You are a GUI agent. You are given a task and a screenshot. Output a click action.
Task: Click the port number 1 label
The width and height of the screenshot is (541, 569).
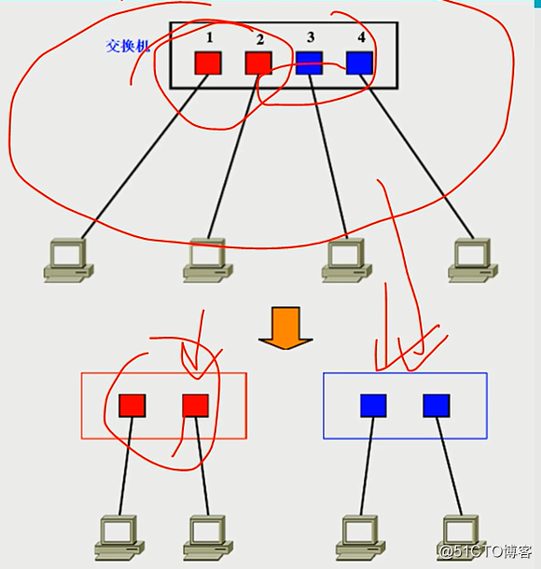210,37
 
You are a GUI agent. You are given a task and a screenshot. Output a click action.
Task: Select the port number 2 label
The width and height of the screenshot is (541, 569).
259,39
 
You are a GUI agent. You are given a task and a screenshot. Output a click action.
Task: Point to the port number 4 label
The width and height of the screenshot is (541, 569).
361,37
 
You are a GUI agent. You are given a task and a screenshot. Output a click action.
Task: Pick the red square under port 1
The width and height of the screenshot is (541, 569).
207,62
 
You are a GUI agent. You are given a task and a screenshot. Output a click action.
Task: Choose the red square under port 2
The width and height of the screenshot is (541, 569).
258,62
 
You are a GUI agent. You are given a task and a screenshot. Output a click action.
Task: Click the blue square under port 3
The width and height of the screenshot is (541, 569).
309,62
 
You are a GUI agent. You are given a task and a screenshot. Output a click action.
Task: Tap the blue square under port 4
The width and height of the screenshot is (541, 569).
359,62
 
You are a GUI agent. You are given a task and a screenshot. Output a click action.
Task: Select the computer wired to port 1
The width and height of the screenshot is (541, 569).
68,259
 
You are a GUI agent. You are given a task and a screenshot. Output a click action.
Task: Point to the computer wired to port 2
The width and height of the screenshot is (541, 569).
205,259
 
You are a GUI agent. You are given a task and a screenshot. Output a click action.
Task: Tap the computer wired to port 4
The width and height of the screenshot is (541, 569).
472,259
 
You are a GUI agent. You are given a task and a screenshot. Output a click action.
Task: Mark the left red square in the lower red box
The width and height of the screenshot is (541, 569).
132,405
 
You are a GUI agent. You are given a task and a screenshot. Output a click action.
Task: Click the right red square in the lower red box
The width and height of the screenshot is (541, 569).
195,405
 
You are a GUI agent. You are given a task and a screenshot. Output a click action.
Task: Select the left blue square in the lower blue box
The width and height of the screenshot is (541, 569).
373,405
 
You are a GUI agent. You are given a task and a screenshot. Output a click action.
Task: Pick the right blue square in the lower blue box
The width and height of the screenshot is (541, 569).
436,405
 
